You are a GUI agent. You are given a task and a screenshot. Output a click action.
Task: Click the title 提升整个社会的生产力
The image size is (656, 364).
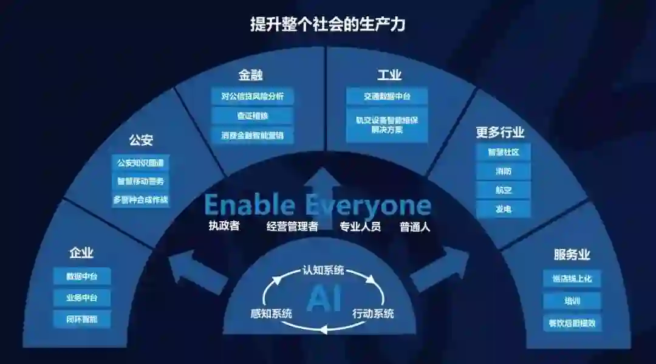click(x=327, y=25)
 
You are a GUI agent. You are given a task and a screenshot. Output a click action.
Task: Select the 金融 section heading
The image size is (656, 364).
click(x=250, y=75)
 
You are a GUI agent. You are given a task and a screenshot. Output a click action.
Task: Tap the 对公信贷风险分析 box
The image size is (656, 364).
click(x=252, y=96)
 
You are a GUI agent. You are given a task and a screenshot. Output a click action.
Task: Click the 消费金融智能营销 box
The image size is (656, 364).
click(x=252, y=135)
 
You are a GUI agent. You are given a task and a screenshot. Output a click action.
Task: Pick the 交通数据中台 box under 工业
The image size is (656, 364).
click(x=387, y=96)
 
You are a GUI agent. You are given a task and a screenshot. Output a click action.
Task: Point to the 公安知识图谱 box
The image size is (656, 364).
click(x=140, y=163)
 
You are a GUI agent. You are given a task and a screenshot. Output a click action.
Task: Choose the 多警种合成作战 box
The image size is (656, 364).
click(x=140, y=199)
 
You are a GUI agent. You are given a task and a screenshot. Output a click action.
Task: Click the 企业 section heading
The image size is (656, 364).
click(x=81, y=253)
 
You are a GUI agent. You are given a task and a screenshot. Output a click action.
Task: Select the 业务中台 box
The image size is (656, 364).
click(x=81, y=298)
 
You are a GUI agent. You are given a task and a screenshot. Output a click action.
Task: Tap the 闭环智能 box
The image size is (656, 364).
click(x=81, y=318)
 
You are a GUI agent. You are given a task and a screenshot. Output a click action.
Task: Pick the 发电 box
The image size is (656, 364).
click(x=504, y=208)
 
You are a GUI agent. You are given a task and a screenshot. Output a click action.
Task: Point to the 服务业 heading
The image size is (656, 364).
click(x=572, y=255)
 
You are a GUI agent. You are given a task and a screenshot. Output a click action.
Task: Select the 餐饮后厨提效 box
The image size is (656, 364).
click(x=572, y=323)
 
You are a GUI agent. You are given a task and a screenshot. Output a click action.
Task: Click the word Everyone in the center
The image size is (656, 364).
click(x=367, y=206)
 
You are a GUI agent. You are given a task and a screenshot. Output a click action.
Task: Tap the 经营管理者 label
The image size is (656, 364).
click(x=292, y=227)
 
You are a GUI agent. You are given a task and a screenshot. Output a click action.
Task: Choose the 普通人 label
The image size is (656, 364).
click(x=415, y=227)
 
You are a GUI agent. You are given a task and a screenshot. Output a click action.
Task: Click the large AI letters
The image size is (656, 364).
click(x=324, y=298)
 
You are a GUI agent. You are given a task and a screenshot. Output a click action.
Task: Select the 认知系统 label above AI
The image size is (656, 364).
click(x=323, y=269)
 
